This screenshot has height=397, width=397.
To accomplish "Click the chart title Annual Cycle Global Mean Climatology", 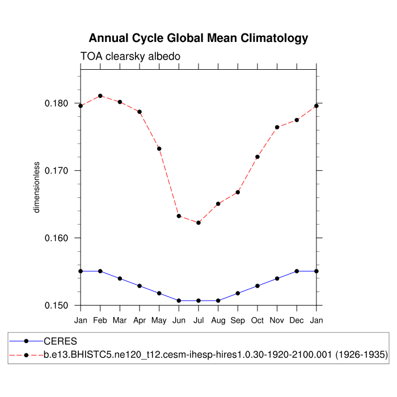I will point(198,39).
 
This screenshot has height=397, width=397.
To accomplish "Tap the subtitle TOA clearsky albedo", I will point(130,56).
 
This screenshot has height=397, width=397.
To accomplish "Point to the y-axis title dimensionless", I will point(37,187).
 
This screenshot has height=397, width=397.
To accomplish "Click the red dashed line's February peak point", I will point(100,96).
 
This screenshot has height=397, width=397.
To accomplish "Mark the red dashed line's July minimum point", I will point(198,223).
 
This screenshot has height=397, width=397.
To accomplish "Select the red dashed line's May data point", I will point(159,149).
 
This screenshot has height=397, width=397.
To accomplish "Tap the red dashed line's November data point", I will point(277,127).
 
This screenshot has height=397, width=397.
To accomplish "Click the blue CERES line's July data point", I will point(198,301).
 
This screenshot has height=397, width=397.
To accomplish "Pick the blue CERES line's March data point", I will point(120,278).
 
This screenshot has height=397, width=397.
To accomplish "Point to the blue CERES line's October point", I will point(257,286).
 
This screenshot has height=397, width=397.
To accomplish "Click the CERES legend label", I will point(60,341).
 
